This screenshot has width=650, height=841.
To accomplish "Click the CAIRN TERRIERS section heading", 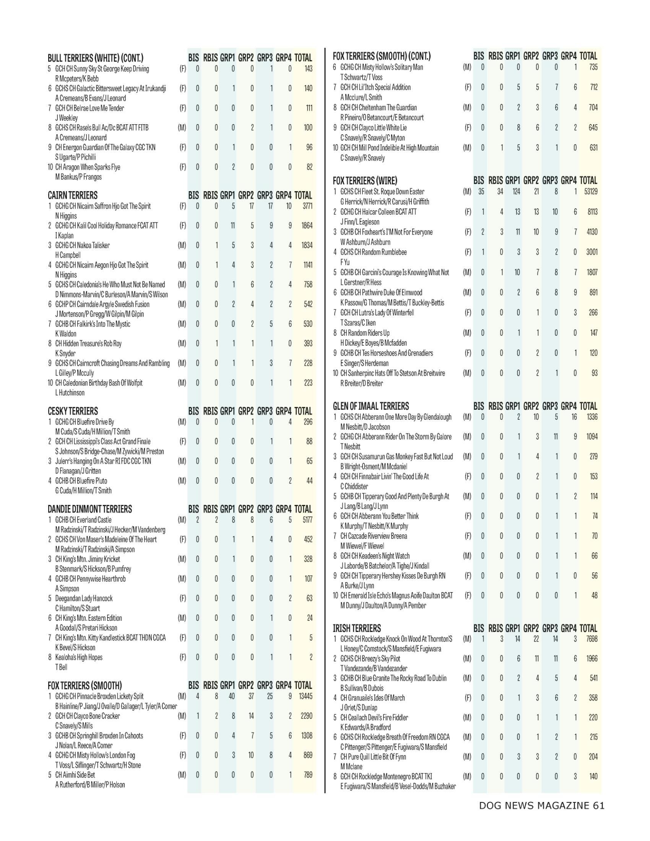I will pos(73,195).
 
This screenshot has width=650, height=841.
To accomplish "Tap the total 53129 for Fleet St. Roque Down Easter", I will pos(591,192).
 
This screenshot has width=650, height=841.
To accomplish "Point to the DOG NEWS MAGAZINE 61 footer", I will pos(541,805).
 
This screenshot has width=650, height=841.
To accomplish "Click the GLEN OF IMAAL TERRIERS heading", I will pos(371,406).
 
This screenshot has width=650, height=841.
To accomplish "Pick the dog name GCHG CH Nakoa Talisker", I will pos(83,245).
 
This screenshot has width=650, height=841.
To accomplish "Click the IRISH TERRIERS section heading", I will pos(357,628).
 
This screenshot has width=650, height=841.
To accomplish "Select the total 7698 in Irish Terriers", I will pos(591,639).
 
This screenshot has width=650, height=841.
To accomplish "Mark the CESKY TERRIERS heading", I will pos(73,411).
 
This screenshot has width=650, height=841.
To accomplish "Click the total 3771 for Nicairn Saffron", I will pos(307,206).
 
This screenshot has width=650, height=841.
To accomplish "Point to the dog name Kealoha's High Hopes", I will pos(79,658).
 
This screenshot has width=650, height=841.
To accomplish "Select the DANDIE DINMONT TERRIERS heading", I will pos(90,509).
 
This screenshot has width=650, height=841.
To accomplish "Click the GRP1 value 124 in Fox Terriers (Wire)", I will pos(516,192).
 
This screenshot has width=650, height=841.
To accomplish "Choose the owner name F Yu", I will pos(344,262).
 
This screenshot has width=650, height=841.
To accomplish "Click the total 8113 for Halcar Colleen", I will pos(592,212).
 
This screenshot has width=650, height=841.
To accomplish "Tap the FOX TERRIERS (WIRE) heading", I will pos(365,180).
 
